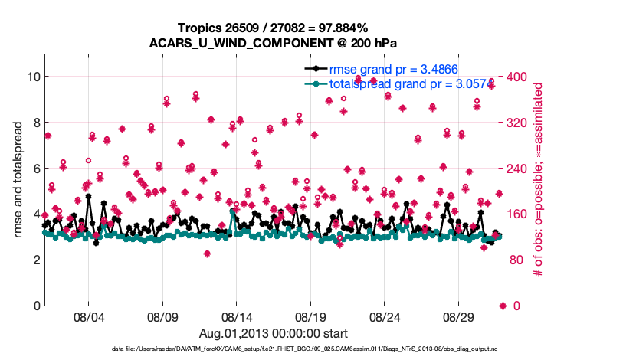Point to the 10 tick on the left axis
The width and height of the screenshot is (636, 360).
(x=33, y=77)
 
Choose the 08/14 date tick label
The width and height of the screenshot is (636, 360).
(x=236, y=316)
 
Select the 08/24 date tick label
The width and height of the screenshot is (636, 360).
(x=385, y=316)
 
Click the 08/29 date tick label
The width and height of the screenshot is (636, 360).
(x=459, y=316)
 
